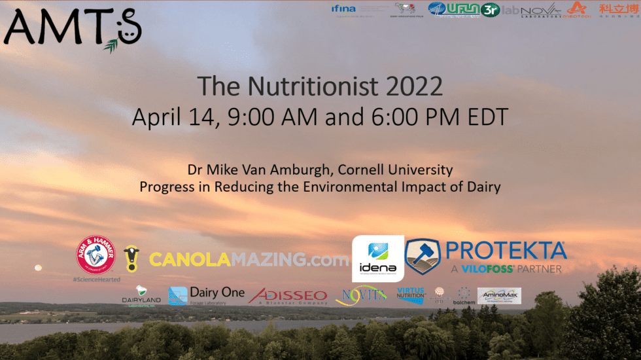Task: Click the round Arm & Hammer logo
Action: [97, 255]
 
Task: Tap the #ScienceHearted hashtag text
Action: [97, 279]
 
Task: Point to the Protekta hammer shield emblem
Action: [424, 257]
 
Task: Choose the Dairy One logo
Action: [206, 295]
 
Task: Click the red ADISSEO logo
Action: [288, 296]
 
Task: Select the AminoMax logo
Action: [499, 296]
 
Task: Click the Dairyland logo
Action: [140, 296]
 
